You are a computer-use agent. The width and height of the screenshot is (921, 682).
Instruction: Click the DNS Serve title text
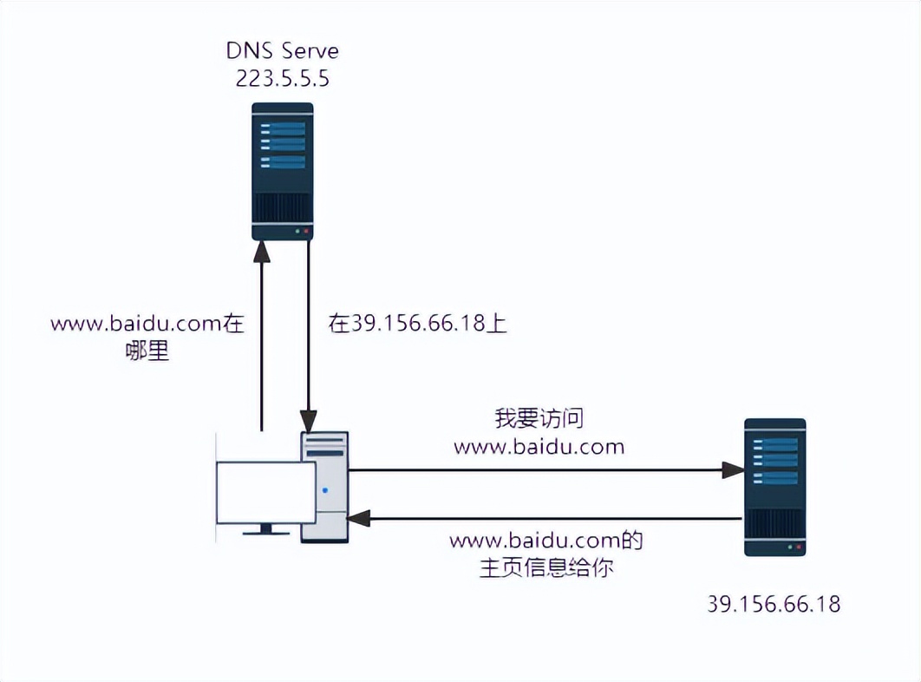point(282,50)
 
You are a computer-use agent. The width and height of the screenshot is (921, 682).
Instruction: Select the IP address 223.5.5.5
point(282,79)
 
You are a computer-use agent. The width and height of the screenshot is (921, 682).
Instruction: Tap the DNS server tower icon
point(282,171)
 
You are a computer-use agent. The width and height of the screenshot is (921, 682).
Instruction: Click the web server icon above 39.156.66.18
point(774,487)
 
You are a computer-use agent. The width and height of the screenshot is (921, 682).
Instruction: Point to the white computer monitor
point(265,492)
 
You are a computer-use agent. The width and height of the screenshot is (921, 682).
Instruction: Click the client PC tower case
point(324,487)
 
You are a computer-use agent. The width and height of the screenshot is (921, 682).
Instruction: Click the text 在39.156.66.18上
point(417,324)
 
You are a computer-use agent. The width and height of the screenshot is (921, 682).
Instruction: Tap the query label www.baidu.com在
point(148,325)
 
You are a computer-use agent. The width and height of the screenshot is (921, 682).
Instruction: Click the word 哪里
point(147,352)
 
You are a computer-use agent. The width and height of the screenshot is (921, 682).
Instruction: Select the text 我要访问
point(539,419)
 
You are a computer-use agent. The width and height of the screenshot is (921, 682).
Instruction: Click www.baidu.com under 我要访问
point(539,447)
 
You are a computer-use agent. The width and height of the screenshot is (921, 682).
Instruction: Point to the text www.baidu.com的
point(545,541)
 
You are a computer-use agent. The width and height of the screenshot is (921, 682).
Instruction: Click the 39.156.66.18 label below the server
point(774,604)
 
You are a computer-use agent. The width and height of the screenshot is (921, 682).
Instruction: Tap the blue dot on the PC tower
point(325,490)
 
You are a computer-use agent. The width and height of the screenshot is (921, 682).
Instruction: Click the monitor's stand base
point(265,532)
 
